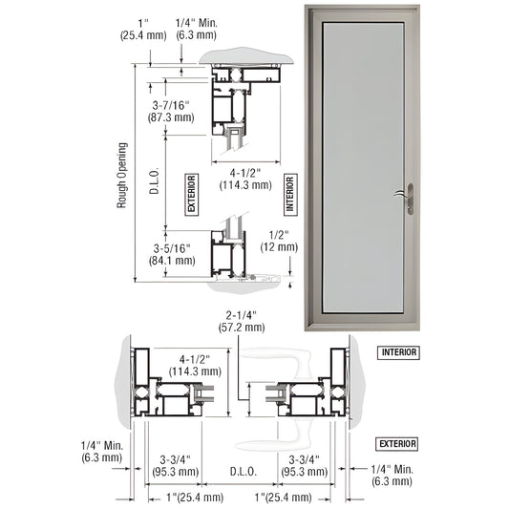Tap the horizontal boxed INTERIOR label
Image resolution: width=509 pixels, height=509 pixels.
tap(397, 352)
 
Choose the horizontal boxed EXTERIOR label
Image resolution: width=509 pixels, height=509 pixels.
tap(397, 443)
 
